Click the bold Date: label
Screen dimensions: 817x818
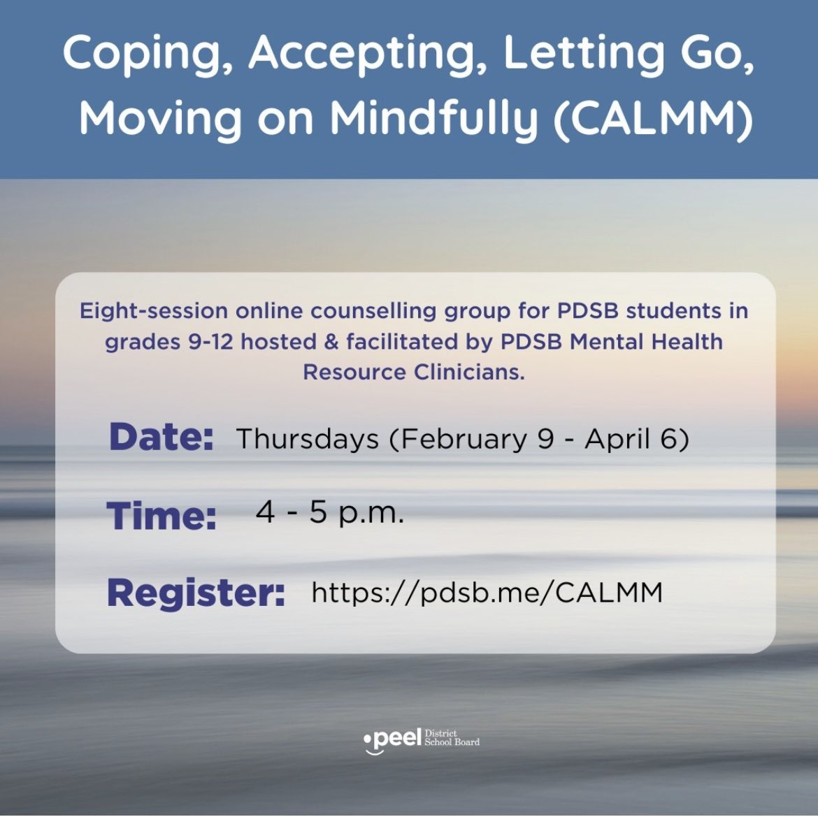point(161,438)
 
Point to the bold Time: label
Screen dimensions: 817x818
point(162,516)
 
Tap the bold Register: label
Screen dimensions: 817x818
point(196,593)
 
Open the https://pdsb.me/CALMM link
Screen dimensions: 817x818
point(487,593)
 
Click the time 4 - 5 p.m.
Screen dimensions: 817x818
point(330,513)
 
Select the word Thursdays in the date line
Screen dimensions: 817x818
point(308,439)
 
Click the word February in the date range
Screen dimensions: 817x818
point(464,439)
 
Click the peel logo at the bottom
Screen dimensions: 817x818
point(392,739)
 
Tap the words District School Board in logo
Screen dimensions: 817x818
point(452,738)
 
